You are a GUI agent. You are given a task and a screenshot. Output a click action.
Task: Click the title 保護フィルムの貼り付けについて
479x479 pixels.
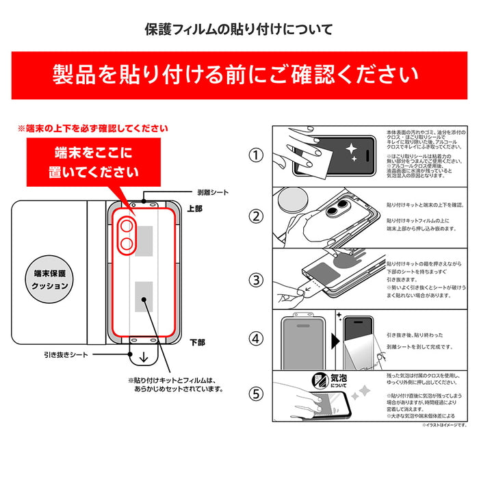tap(239, 29)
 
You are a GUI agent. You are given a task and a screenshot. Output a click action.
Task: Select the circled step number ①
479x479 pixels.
tap(255, 155)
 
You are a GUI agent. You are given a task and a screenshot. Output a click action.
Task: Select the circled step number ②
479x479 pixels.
tap(255, 217)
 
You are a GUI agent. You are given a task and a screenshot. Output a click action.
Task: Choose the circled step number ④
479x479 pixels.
tap(255, 338)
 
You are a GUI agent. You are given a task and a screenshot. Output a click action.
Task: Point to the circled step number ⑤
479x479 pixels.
tap(255, 393)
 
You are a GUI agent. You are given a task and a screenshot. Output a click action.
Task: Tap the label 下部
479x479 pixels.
tap(196, 341)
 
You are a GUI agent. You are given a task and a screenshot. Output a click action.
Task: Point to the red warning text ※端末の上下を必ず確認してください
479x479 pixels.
tap(92, 128)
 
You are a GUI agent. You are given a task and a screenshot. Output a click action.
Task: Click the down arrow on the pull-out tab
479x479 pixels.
tap(144, 357)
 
